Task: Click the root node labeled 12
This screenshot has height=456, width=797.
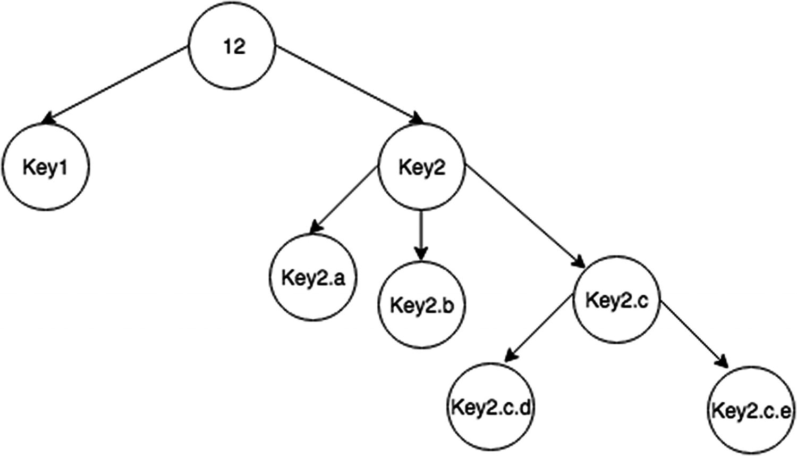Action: click(233, 46)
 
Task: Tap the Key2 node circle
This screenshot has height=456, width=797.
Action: click(421, 167)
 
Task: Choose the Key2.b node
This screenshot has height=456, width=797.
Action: click(421, 305)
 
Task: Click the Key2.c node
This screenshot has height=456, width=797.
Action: click(616, 300)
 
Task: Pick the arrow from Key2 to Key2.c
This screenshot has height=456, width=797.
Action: click(523, 215)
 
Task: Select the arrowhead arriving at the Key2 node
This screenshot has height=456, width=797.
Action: click(417, 119)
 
